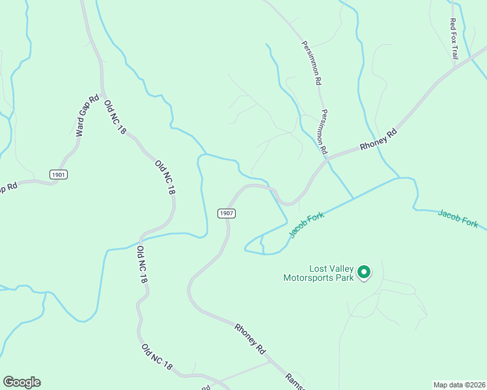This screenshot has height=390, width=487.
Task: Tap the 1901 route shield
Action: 58,174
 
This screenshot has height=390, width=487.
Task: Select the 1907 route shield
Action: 226,213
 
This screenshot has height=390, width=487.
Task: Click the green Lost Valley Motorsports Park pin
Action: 365,272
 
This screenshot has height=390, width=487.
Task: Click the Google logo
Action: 21,382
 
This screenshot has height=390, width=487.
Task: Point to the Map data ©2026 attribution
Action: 458,385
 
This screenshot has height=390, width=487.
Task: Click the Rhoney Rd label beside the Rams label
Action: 251,338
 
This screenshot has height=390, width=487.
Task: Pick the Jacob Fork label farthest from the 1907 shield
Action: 458,218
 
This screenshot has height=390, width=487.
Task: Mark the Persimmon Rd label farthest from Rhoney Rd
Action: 311,64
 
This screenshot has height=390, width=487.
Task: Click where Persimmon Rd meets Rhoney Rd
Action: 327,157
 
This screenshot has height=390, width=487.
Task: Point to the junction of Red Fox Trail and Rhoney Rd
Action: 456,64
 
